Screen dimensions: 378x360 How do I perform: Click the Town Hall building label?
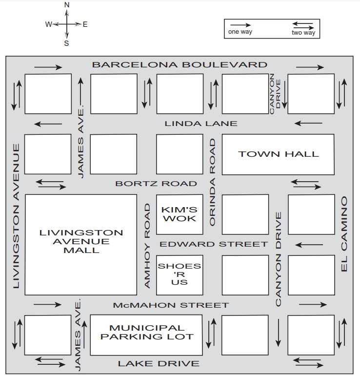[x=278, y=154]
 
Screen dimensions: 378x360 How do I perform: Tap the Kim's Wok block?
[x=179, y=214]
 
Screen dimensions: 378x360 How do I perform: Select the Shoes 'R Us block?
[x=179, y=274]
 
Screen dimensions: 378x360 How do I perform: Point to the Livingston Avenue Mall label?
[x=81, y=241]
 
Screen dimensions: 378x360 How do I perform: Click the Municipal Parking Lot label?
[x=147, y=332]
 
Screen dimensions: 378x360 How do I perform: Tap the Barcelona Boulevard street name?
[x=180, y=64]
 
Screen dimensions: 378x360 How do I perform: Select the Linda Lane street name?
[x=200, y=124]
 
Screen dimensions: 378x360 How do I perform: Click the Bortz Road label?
[x=156, y=184]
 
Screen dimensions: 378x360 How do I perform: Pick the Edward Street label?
[x=214, y=244]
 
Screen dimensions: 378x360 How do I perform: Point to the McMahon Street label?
[x=171, y=305]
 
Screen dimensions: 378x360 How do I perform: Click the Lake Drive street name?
[x=159, y=363]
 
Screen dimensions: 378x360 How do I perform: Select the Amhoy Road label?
[x=147, y=246]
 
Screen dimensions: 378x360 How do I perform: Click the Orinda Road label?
[x=212, y=182]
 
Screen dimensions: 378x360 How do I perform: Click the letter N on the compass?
[x=67, y=5]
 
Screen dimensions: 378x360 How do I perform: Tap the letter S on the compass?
[x=67, y=42]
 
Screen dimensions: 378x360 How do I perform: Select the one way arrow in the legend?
[x=240, y=24]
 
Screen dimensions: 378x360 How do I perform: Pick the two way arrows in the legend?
[x=303, y=24]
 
